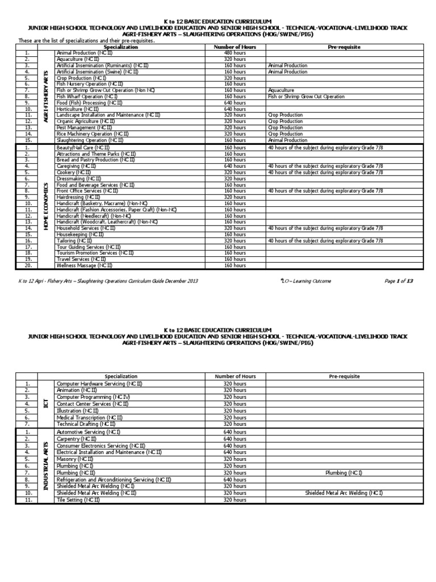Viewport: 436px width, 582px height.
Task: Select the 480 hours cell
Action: coord(235,53)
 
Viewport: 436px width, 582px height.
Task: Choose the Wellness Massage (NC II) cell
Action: coord(85,265)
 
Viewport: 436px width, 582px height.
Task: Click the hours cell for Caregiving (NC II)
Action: coord(235,167)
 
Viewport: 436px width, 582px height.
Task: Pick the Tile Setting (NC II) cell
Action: coord(78,500)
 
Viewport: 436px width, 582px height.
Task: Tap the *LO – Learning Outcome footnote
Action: coord(307,281)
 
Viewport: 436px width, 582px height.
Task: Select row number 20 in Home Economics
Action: coord(27,265)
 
